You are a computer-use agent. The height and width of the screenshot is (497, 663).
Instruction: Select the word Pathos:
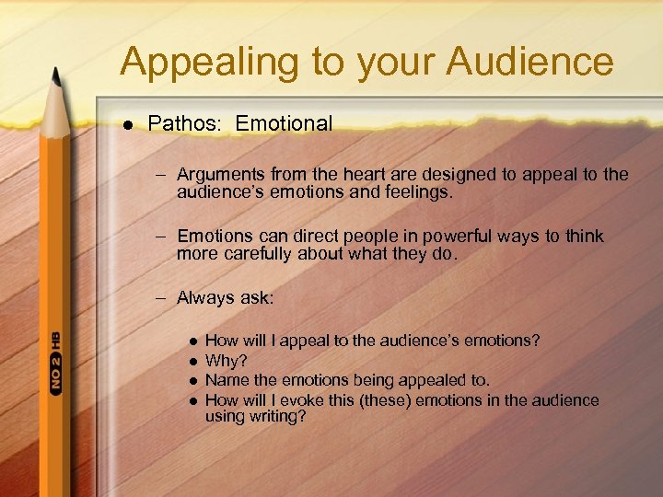(x=187, y=123)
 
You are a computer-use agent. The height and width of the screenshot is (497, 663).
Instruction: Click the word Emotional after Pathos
(x=284, y=123)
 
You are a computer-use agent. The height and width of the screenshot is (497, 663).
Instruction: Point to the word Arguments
(x=218, y=174)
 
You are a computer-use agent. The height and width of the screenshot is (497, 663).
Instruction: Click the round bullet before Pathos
(x=127, y=124)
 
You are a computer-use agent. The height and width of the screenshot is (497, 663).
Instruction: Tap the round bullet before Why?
(x=191, y=361)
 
